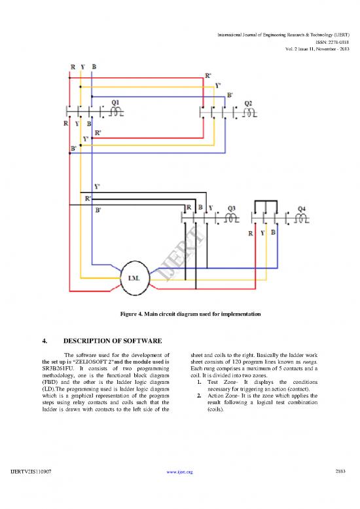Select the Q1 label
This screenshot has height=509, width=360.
[x=115, y=102]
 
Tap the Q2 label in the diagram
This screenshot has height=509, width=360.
[x=248, y=102]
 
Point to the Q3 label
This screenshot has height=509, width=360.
[x=232, y=208]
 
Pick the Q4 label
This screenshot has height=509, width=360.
[x=301, y=208]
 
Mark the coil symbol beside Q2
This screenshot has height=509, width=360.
[x=249, y=112]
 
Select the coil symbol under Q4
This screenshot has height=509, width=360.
[x=303, y=219]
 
